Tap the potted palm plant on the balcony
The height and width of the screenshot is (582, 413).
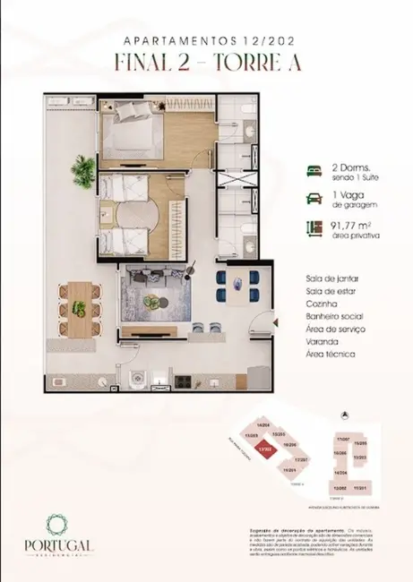(83, 168)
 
